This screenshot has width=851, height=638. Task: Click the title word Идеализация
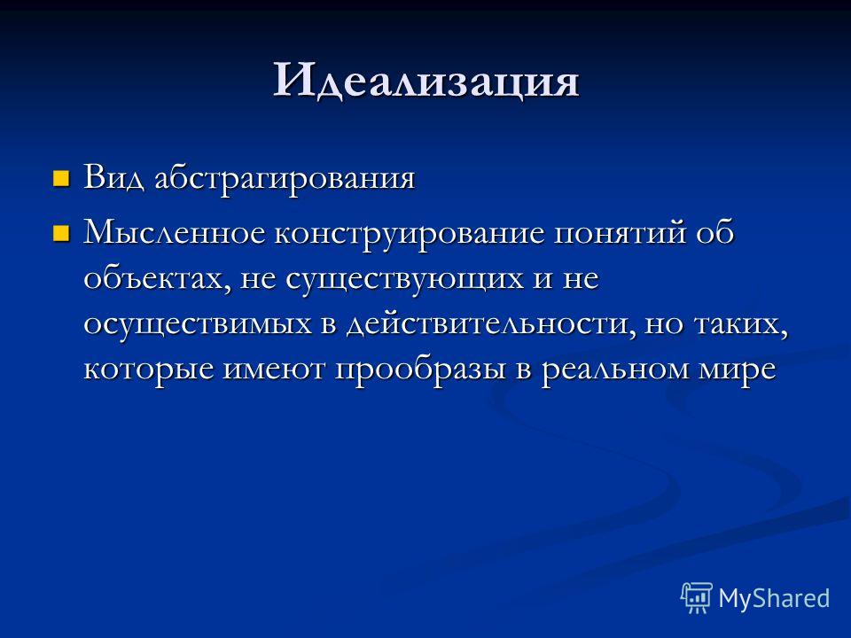coord(426,82)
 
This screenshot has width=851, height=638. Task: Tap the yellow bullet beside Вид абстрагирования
coord(61,178)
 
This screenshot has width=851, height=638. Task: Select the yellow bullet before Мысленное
coord(61,233)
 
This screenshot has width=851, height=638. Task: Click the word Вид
coord(113,177)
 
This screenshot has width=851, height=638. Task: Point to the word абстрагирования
coord(285,180)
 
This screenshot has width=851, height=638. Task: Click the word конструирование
coord(410,234)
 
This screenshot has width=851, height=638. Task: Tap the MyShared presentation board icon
coord(697,597)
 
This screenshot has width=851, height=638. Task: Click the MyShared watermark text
coord(774,599)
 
